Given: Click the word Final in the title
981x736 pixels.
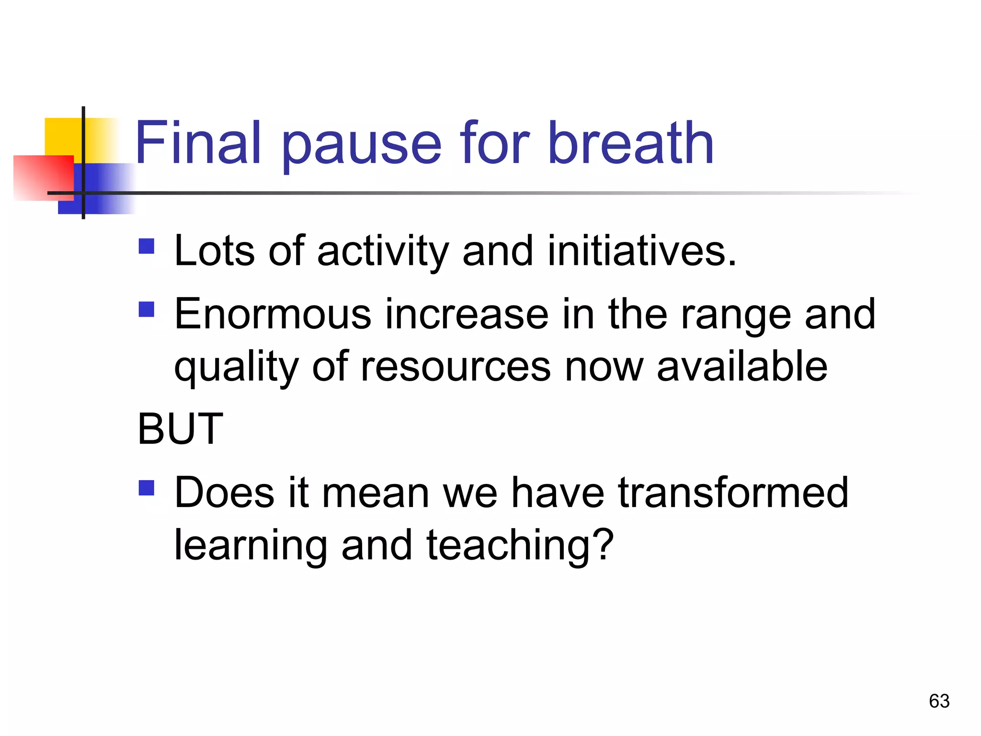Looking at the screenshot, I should pos(198,143).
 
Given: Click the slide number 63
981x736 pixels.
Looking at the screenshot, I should pos(939,701).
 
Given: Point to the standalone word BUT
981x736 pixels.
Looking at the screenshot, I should pos(180,429).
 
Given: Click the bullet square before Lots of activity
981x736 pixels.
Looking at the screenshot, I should pos(147,246).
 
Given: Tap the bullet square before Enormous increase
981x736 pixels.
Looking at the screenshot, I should pos(147,309).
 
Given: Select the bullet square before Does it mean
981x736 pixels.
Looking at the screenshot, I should pos(147,488).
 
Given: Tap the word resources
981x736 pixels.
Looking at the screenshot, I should pos(456,367).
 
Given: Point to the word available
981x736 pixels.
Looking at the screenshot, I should pos(742,367).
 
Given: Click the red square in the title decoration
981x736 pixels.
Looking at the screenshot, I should pos(43,177).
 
